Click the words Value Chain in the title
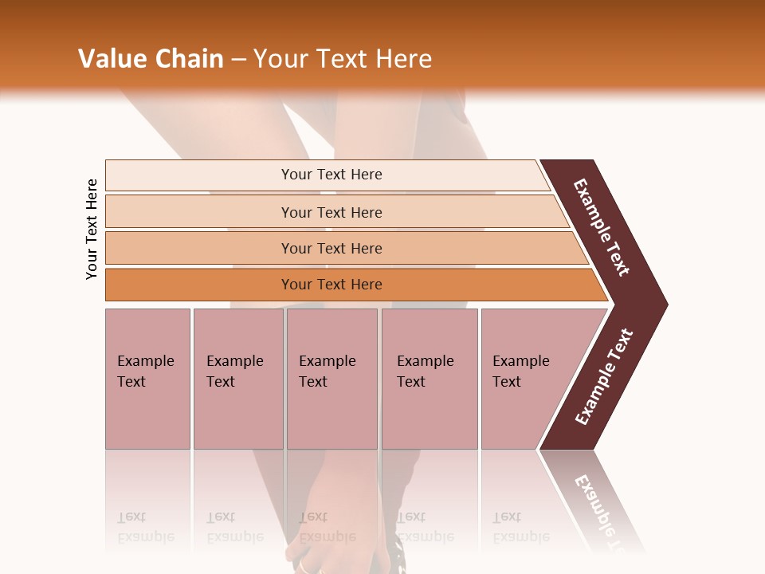click(151, 59)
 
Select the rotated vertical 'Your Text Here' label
click(92, 230)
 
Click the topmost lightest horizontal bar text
click(331, 175)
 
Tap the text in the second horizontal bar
click(331, 213)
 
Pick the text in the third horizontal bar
click(331, 249)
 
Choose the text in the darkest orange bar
click(331, 285)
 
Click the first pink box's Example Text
click(145, 372)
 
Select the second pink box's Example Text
click(234, 372)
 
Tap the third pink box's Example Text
click(327, 372)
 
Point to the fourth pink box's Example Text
click(425, 372)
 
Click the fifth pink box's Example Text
click(520, 372)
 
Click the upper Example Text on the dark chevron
click(602, 228)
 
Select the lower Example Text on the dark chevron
click(604, 377)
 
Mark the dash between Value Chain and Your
click(238, 60)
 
